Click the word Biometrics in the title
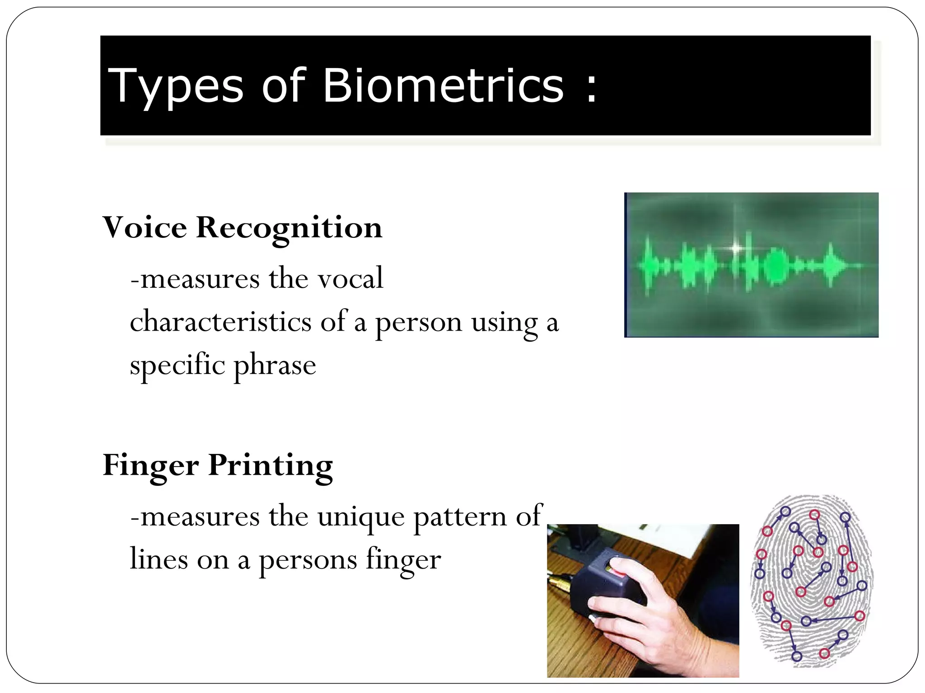click(443, 86)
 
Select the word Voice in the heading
click(145, 227)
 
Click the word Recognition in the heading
click(289, 228)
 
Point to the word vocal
click(350, 278)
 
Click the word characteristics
click(220, 322)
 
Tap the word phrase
click(275, 365)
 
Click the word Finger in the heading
click(150, 466)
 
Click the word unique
click(361, 517)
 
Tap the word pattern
click(460, 517)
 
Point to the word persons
click(308, 561)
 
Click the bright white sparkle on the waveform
click(736, 248)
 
